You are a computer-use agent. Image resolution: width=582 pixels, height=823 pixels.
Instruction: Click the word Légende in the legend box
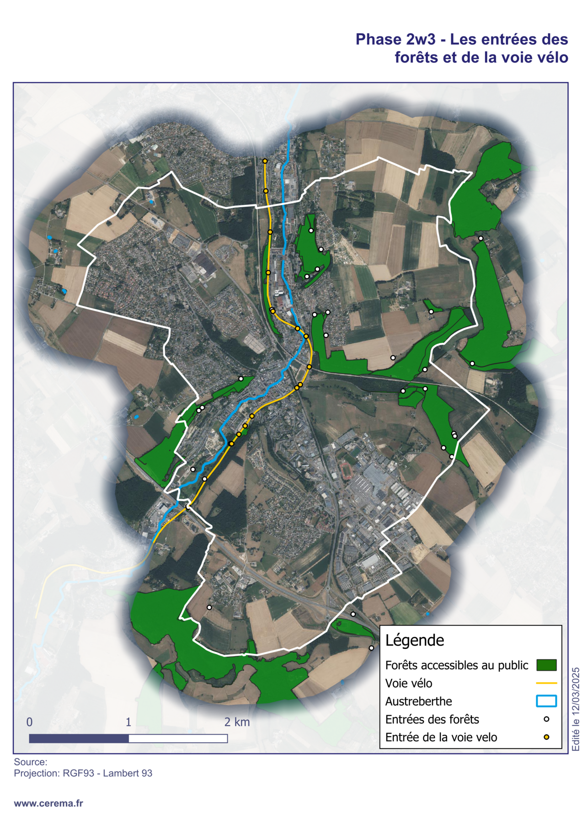coord(414,640)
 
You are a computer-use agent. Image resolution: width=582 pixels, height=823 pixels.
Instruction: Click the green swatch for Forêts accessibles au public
coord(546,665)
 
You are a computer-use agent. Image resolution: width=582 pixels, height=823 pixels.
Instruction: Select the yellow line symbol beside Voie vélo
coord(546,683)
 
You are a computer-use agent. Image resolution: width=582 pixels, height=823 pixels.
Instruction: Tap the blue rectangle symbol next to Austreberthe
coord(546,701)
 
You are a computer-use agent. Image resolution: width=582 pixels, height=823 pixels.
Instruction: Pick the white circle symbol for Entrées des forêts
coord(546,719)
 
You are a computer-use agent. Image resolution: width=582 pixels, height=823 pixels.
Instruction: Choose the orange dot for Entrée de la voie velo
coord(546,737)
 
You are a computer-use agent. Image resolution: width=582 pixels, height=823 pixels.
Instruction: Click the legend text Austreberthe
coord(418,701)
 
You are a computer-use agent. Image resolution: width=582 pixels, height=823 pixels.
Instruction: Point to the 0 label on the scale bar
coord(29,722)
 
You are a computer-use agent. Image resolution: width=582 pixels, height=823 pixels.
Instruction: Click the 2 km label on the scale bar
coord(237,722)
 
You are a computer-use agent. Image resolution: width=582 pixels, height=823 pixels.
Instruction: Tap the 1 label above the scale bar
coord(128,722)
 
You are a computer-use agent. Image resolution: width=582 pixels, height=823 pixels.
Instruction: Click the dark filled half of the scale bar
coord(79,738)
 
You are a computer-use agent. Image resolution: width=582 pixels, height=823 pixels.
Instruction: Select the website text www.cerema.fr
coord(48,803)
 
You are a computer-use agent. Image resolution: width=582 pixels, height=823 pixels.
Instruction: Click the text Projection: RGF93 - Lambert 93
coord(83,773)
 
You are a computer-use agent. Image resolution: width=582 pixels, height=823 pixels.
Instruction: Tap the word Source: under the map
coord(31,762)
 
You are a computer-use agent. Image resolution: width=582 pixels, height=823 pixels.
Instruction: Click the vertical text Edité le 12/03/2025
coord(576,709)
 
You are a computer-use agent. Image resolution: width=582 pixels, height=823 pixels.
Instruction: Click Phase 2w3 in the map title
coord(395,39)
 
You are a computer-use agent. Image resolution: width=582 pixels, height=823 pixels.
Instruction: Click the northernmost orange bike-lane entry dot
coord(265,161)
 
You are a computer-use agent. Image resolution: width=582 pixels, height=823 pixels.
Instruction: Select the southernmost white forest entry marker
coord(371,648)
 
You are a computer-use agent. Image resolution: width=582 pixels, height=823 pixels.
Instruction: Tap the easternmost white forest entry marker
coord(481,238)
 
